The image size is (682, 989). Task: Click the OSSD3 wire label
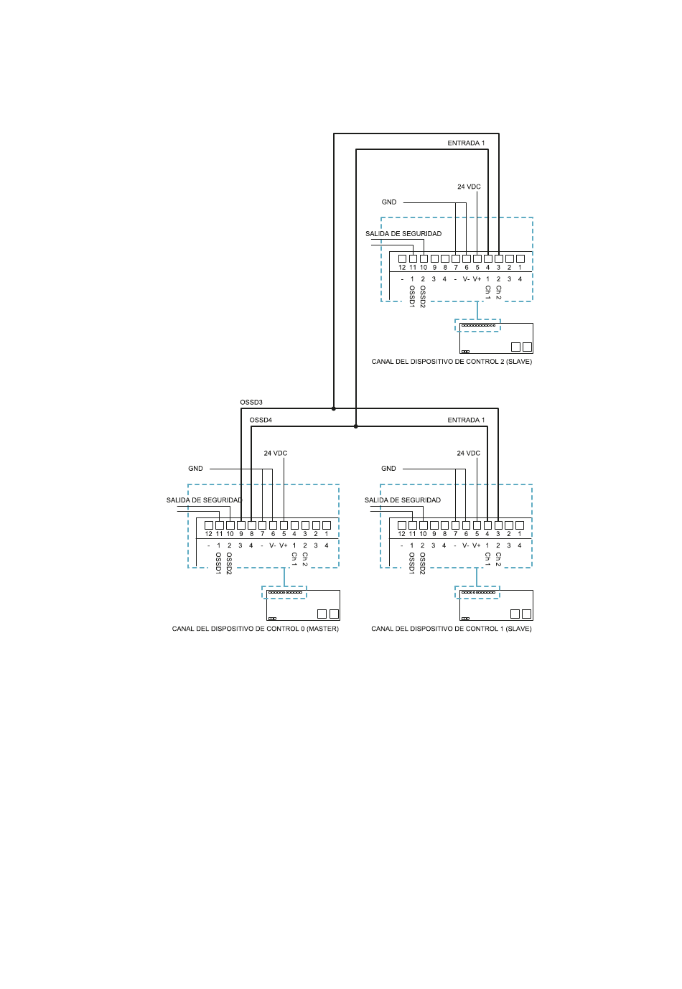[251, 403]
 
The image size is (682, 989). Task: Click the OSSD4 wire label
[261, 420]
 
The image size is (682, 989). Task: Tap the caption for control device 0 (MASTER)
[255, 629]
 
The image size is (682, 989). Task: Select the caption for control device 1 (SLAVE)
[452, 629]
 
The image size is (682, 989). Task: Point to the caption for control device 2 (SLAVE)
[452, 362]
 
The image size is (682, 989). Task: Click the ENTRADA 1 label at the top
[466, 143]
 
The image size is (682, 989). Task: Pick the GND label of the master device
[195, 469]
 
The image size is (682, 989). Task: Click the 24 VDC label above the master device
[275, 453]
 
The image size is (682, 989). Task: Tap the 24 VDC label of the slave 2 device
[469, 187]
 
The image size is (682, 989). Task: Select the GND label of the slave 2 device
[389, 202]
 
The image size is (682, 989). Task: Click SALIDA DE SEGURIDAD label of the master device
[205, 500]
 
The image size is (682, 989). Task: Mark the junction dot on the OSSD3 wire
[334, 409]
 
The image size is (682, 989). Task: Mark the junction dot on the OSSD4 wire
[356, 426]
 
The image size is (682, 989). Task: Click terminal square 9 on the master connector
[241, 525]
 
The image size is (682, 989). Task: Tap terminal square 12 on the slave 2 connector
[402, 258]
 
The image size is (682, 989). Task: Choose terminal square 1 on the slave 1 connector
[519, 525]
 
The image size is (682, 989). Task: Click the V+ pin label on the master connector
[284, 545]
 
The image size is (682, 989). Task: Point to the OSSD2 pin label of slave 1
[422, 563]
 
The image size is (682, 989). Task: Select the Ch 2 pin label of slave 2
[498, 292]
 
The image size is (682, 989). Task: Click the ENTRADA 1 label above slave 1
[466, 420]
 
